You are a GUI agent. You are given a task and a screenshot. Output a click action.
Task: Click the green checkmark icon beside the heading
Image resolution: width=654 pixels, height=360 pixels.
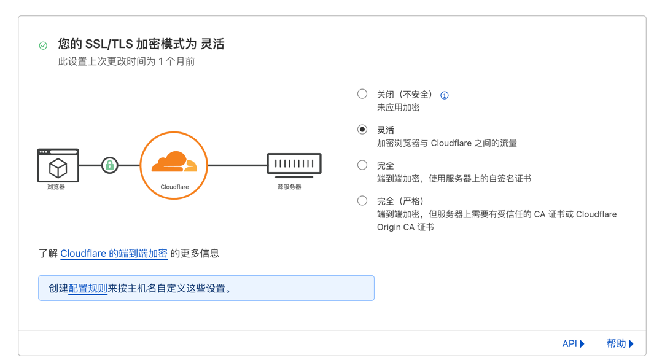click(x=43, y=45)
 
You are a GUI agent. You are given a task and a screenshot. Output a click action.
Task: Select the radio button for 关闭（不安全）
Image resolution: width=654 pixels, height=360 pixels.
click(x=362, y=94)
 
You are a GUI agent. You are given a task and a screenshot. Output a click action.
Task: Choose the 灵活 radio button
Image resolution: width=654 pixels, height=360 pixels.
click(x=362, y=130)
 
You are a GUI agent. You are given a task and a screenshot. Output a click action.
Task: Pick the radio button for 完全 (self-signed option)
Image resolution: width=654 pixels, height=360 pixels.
click(x=362, y=165)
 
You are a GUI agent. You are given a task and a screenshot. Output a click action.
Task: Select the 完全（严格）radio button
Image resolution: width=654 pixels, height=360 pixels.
click(x=362, y=201)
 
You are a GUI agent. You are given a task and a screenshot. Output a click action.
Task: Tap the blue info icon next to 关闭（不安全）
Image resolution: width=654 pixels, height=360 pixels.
click(x=445, y=95)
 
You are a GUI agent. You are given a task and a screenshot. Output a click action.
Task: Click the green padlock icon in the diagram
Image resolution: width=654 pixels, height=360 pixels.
click(x=109, y=165)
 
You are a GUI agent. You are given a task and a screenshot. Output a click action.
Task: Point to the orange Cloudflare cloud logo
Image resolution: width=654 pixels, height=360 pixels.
click(x=174, y=162)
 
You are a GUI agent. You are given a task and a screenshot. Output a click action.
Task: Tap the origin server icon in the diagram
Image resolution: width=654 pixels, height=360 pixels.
click(x=294, y=165)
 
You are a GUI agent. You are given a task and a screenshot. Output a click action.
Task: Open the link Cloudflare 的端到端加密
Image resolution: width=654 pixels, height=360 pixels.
click(x=114, y=253)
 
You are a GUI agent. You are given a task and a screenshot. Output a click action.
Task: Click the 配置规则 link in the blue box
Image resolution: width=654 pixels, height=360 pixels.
click(x=88, y=288)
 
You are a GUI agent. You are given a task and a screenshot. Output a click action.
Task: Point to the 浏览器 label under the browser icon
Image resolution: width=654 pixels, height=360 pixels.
click(x=56, y=187)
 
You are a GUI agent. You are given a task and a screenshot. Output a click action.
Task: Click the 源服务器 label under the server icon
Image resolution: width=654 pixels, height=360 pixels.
click(x=289, y=187)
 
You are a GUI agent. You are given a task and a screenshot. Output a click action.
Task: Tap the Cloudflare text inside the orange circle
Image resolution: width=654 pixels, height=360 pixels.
click(x=174, y=187)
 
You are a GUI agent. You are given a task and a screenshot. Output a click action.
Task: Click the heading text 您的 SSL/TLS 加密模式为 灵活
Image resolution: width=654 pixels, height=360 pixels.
click(x=141, y=44)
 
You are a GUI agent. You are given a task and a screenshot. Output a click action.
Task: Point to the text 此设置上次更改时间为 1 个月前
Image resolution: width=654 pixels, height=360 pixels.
click(x=127, y=61)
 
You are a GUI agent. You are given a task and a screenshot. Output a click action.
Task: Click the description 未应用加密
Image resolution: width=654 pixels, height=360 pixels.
click(x=398, y=108)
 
